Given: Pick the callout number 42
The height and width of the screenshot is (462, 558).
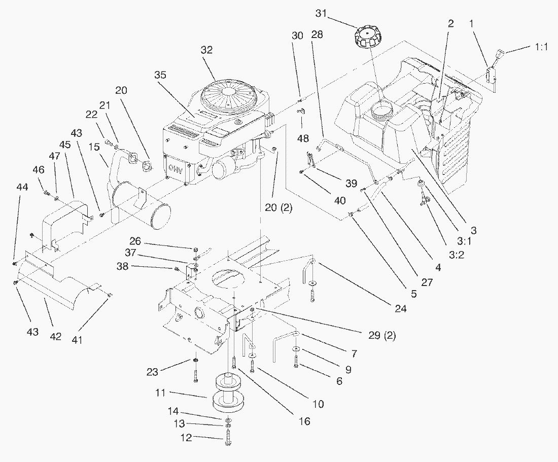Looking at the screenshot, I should click(55, 336).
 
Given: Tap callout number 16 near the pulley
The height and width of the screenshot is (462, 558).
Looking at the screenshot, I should click(305, 421).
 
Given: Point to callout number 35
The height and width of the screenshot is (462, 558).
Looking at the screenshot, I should click(160, 75).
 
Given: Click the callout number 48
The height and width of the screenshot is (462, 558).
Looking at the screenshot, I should click(303, 138).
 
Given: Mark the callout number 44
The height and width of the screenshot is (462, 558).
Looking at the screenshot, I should click(22, 187).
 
